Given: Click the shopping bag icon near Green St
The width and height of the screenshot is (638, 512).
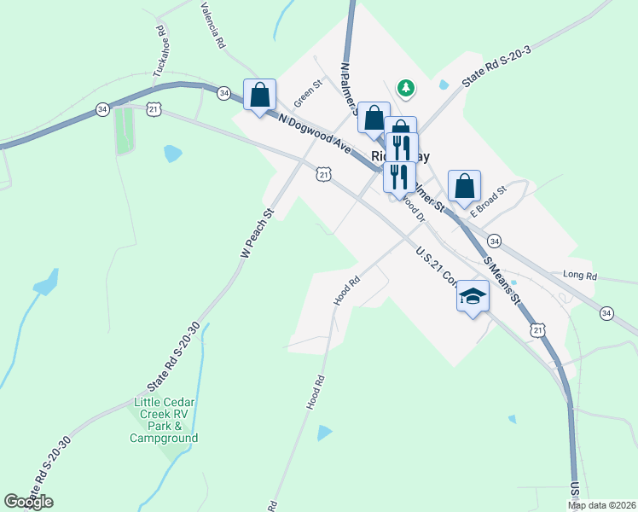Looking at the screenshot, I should click(x=260, y=95).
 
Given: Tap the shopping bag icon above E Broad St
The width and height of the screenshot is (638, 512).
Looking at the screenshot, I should click(x=464, y=186).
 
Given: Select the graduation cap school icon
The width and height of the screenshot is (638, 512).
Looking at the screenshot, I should click(x=473, y=297).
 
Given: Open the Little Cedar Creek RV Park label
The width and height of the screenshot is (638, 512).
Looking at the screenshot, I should click(x=165, y=420).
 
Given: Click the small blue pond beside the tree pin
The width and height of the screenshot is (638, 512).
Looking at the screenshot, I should click(x=443, y=85).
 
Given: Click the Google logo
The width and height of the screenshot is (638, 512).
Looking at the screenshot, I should click(x=28, y=502).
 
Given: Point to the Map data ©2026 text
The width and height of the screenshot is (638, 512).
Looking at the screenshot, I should click(x=601, y=505).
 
